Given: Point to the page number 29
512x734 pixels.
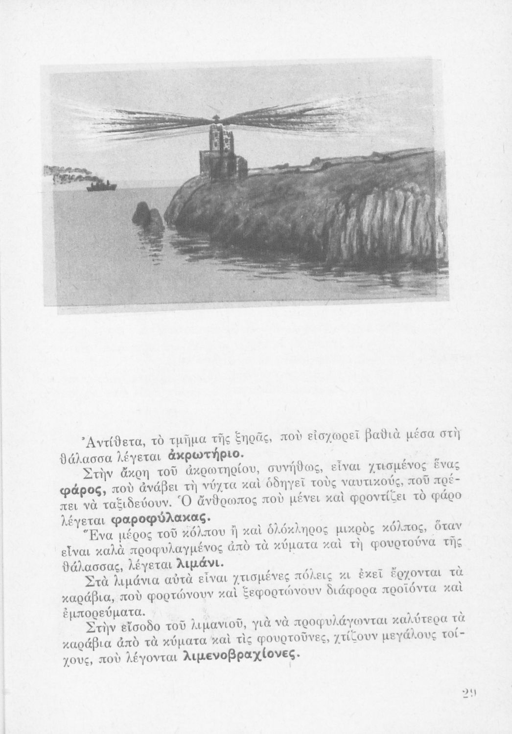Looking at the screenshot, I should pyautogui.click(x=469, y=693).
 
